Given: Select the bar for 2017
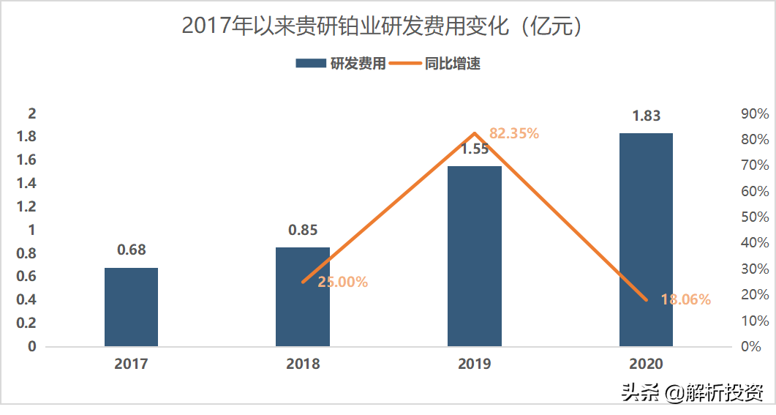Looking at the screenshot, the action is pyautogui.click(x=131, y=307).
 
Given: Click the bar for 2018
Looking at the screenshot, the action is pyautogui.click(x=303, y=296).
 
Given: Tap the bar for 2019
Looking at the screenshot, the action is pyautogui.click(x=475, y=256).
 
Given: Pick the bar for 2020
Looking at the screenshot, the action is pyautogui.click(x=646, y=239).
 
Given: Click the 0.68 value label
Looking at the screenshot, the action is pyautogui.click(x=132, y=250).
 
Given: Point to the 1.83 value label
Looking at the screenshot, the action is pyautogui.click(x=647, y=116).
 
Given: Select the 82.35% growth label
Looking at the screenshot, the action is pyautogui.click(x=514, y=133).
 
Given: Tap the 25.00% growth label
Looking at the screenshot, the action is pyautogui.click(x=342, y=282).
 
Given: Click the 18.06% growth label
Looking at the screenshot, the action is pyautogui.click(x=686, y=299).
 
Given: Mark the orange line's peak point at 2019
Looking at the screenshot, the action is pyautogui.click(x=475, y=133).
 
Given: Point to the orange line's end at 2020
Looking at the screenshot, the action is pyautogui.click(x=646, y=299).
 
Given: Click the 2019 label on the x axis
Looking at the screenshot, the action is pyautogui.click(x=475, y=364).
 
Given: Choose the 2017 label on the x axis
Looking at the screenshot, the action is pyautogui.click(x=131, y=364).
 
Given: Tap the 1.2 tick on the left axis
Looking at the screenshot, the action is pyautogui.click(x=26, y=206).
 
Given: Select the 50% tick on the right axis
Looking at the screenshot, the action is pyautogui.click(x=755, y=217).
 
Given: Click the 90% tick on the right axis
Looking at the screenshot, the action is pyautogui.click(x=755, y=114).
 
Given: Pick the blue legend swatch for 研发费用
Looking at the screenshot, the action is pyautogui.click(x=311, y=64).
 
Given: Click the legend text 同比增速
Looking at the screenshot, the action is pyautogui.click(x=453, y=64).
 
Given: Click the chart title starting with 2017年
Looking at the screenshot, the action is pyautogui.click(x=382, y=26).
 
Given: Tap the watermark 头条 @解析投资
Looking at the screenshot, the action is pyautogui.click(x=692, y=394).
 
